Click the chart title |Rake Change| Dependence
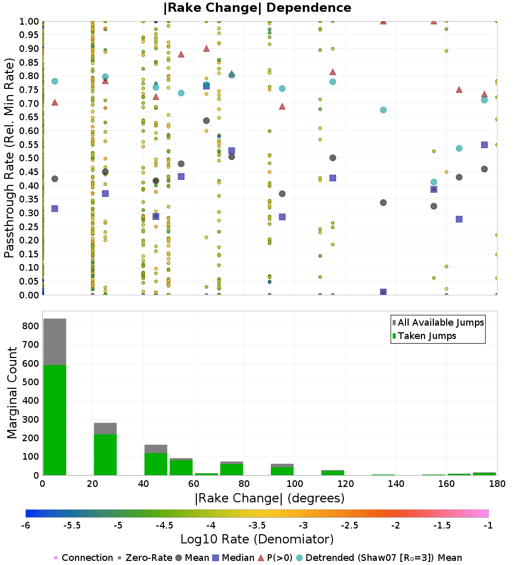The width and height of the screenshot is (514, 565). tap(257, 8)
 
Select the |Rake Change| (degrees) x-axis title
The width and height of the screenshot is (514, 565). tap(269, 498)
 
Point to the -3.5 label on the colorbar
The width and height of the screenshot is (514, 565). tap(257, 525)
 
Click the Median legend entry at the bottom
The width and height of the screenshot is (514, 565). tap(234, 558)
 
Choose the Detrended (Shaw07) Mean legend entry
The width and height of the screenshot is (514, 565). tap(383, 558)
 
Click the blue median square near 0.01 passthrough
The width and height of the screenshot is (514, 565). tap(383, 292)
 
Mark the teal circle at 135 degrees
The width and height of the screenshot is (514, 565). tap(383, 110)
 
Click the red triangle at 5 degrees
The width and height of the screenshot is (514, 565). tap(54, 102)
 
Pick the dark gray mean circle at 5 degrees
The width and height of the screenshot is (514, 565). tap(54, 179)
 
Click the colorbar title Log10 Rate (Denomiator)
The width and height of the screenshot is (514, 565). tap(257, 539)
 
